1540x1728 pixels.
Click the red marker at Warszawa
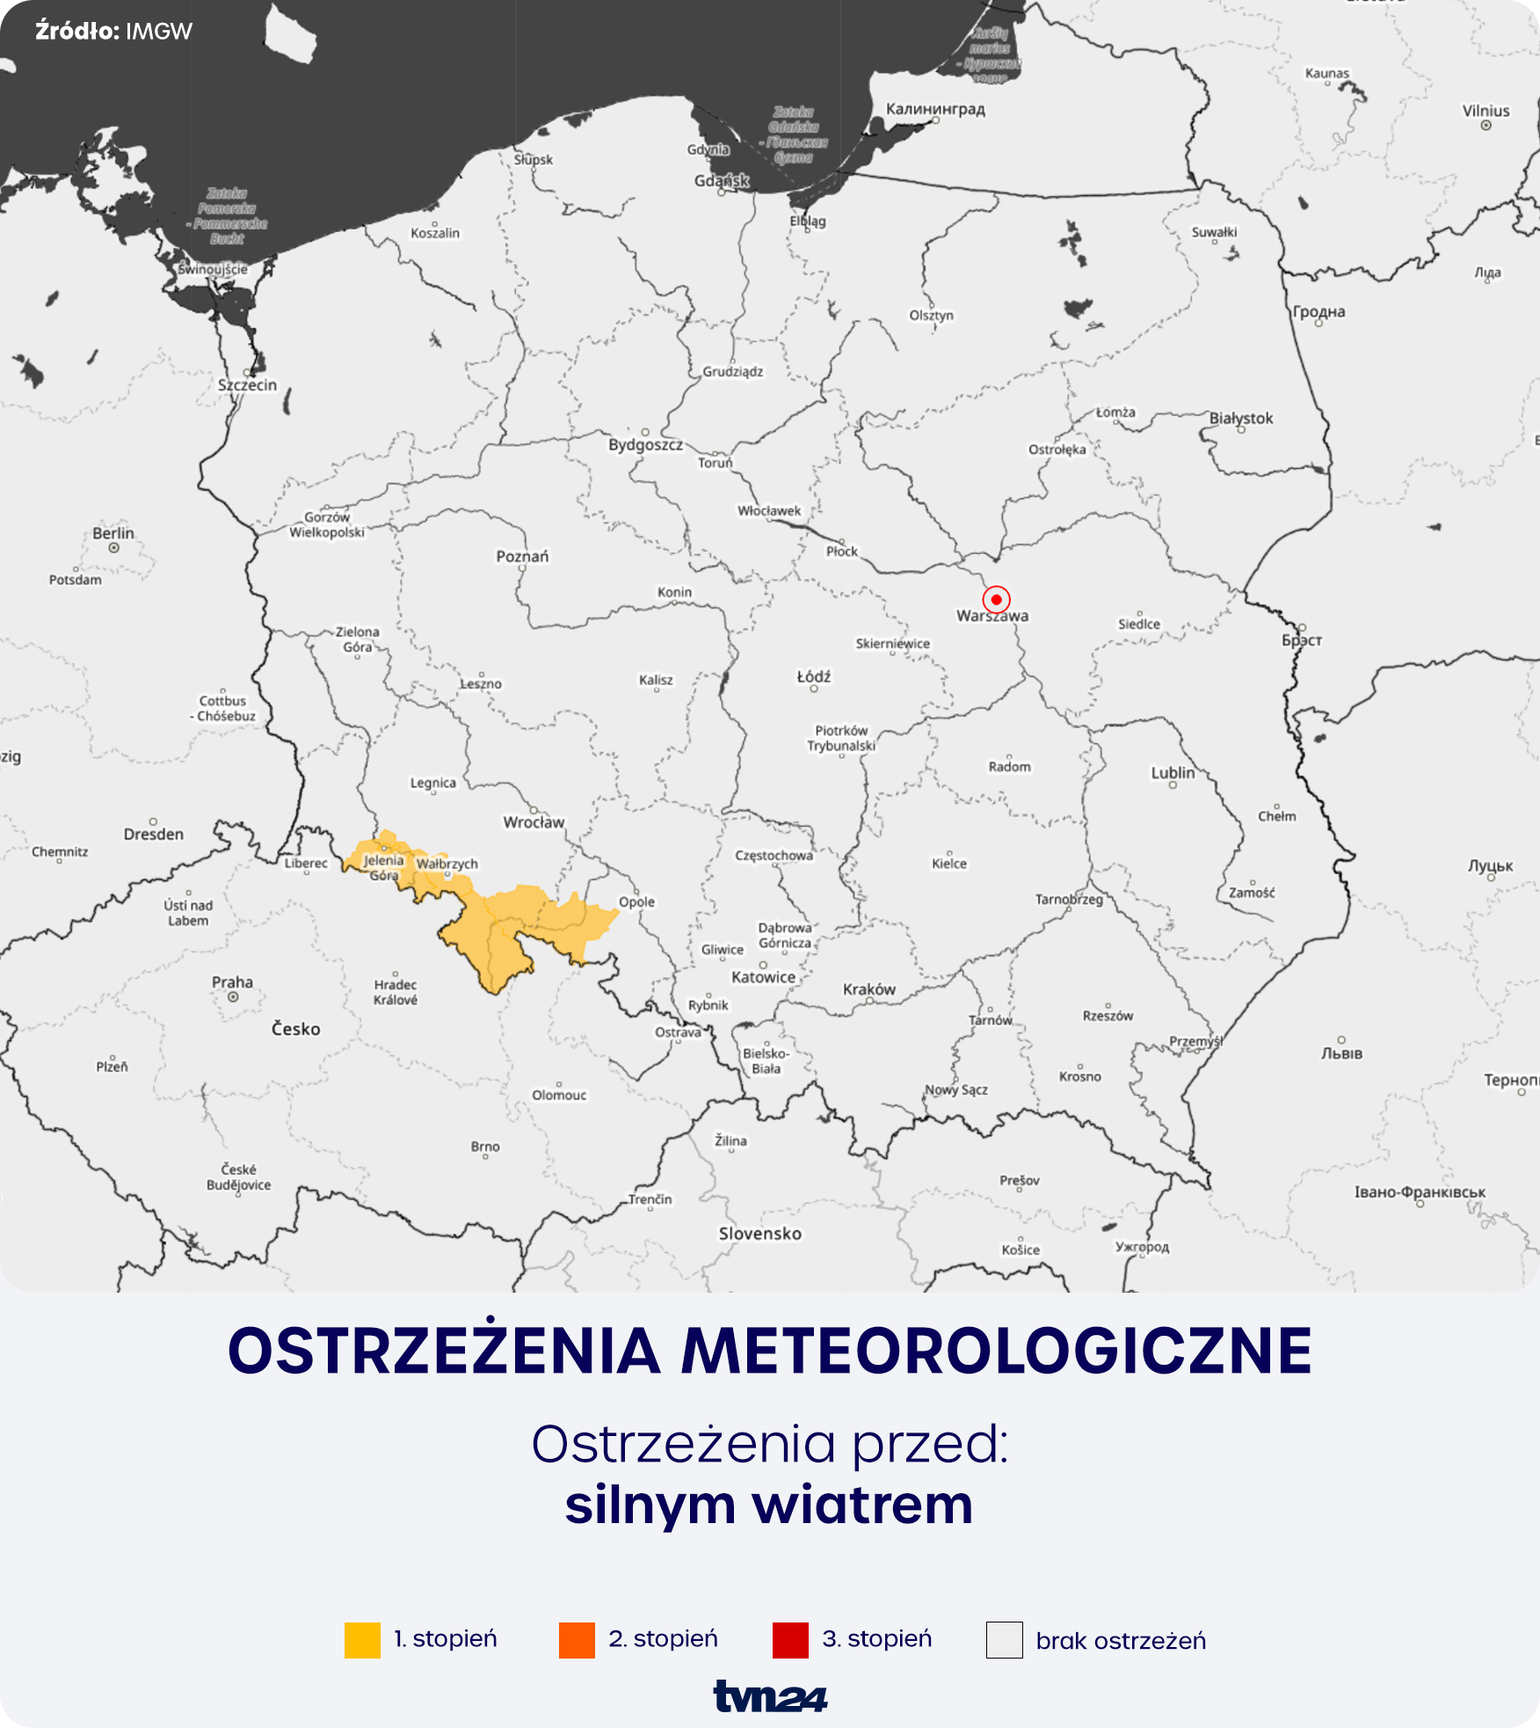[996, 599]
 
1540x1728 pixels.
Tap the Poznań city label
[522, 556]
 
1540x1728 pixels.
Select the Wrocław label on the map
[534, 822]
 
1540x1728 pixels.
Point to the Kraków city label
[868, 989]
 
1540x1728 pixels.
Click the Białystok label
[1240, 419]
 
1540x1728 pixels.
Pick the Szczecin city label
[247, 385]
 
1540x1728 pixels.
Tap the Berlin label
[113, 533]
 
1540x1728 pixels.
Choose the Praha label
[232, 982]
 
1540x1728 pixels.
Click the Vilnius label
[1486, 111]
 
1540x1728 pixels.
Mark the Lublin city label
[1173, 773]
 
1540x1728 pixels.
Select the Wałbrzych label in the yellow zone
[447, 864]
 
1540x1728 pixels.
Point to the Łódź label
[813, 676]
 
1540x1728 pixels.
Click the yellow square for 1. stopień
[362, 1640]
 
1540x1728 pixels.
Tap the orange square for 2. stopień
[577, 1640]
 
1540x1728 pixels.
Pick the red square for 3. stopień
[790, 1640]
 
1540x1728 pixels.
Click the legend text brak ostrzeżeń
[1121, 1641]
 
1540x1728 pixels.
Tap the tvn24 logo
[770, 1696]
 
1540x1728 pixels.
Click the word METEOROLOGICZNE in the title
[997, 1352]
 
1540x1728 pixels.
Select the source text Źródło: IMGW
[113, 32]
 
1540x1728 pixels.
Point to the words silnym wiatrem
[769, 1505]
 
